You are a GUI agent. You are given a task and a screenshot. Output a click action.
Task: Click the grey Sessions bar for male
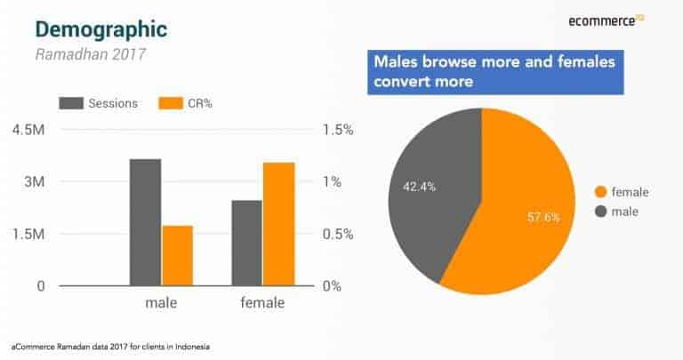point(145,222)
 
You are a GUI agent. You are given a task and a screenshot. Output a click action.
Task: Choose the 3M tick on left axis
point(34,181)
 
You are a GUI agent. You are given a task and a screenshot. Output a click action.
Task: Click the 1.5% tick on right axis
point(337,130)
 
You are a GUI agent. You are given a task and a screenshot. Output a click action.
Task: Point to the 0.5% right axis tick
point(337,234)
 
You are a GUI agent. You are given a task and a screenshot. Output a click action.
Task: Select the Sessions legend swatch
point(71,103)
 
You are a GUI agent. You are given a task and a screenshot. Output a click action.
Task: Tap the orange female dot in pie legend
point(600,191)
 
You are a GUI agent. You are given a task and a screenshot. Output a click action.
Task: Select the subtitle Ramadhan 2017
point(89,53)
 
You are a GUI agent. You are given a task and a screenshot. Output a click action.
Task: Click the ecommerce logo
point(605,20)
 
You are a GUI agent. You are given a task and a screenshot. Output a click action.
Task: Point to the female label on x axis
point(262,303)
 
